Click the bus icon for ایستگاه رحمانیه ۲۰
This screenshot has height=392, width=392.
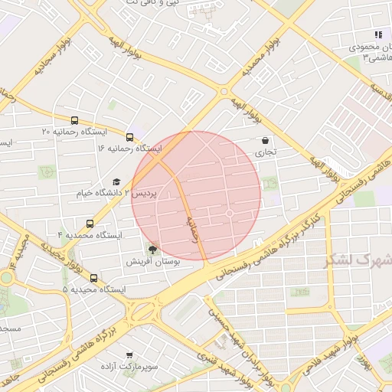coord(74,120)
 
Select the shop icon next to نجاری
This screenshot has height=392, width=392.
coord(265,141)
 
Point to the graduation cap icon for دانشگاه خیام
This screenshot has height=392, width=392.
coord(116,181)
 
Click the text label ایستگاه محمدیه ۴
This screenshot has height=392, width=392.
coord(90,235)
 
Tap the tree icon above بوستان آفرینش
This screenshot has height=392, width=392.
coord(153,250)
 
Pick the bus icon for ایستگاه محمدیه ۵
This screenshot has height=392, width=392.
coord(94,278)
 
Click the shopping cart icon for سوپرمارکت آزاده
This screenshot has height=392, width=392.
coord(129,356)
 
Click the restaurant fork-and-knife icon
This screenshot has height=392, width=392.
coord(378,34)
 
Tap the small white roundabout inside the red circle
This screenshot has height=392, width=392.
coord(229,213)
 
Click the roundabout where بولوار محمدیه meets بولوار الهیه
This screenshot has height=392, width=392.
coord(224,91)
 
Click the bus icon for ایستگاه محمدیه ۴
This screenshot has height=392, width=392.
coord(90,224)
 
